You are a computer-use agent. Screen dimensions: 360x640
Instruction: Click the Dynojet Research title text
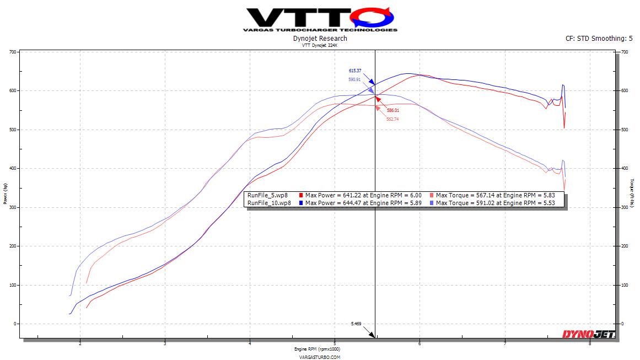[x=320, y=39]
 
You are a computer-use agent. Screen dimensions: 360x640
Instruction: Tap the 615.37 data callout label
[x=355, y=71]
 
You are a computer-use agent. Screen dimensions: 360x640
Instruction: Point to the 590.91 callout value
[x=355, y=79]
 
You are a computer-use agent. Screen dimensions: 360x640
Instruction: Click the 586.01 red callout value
[x=392, y=110]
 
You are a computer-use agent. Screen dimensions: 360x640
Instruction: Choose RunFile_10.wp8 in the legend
[x=270, y=203]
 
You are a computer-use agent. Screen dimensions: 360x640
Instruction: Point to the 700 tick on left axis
[x=13, y=52]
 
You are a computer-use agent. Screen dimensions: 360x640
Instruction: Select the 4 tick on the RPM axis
[x=250, y=343]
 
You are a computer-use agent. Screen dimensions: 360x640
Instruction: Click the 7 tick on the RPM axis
[x=505, y=343]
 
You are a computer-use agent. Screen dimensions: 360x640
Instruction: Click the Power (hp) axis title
[x=5, y=194]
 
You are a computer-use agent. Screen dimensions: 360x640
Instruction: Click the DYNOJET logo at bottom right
[x=588, y=334]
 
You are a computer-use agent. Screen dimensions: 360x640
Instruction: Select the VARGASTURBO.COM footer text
[x=320, y=357]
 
